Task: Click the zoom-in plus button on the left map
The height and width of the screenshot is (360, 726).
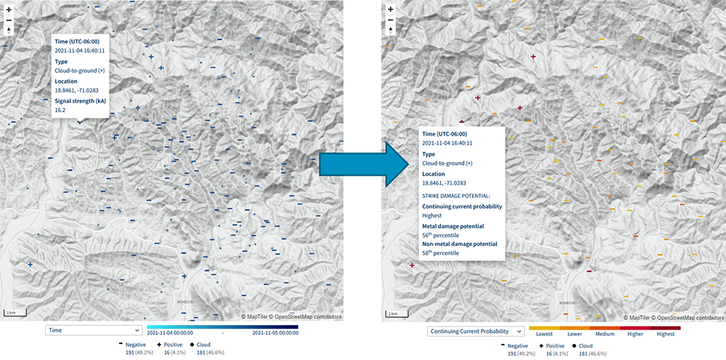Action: (9, 9)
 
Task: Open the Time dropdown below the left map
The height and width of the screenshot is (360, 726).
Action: (93, 330)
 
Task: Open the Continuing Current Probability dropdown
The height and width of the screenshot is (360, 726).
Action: (475, 331)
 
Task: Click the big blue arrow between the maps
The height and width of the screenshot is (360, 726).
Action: (362, 166)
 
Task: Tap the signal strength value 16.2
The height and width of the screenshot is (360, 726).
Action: (60, 110)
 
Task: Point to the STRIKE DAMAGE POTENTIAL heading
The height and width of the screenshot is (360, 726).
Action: (456, 195)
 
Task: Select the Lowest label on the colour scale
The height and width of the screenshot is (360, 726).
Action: (544, 335)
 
